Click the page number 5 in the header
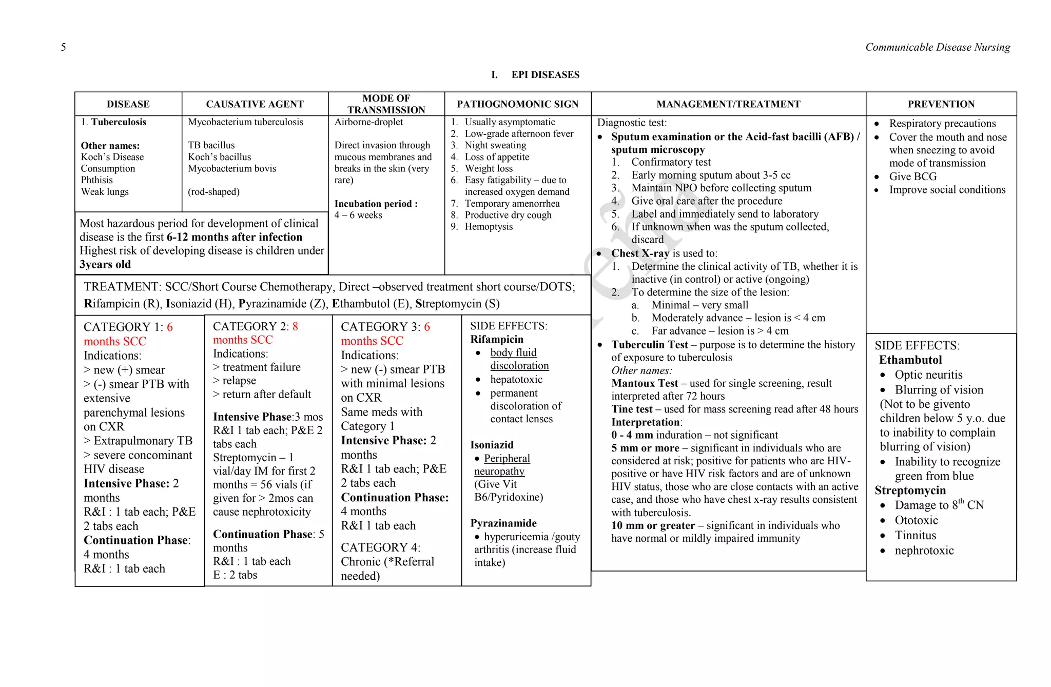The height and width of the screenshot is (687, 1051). pyautogui.click(x=63, y=47)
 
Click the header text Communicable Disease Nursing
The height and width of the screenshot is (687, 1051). pyautogui.click(x=937, y=47)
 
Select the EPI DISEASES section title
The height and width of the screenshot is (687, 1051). pyautogui.click(x=545, y=75)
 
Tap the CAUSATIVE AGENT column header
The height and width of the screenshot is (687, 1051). pyautogui.click(x=255, y=104)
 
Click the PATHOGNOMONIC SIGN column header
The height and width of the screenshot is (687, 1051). pyautogui.click(x=517, y=104)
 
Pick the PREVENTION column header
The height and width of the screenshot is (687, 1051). pyautogui.click(x=941, y=104)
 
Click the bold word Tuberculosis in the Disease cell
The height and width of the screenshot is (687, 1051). pyautogui.click(x=119, y=122)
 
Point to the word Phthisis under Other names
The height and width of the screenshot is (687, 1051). pyautogui.click(x=96, y=180)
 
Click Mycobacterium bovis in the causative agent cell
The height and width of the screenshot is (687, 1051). pyautogui.click(x=232, y=168)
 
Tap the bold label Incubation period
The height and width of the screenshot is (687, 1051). pyautogui.click(x=376, y=204)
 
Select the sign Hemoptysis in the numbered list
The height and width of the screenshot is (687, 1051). pyautogui.click(x=489, y=227)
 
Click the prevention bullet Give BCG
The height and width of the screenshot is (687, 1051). pyautogui.click(x=912, y=176)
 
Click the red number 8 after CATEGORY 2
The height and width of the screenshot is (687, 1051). pyautogui.click(x=295, y=326)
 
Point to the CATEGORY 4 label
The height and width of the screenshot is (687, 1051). pyautogui.click(x=380, y=547)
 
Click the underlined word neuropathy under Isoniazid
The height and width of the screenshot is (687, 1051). pyautogui.click(x=499, y=471)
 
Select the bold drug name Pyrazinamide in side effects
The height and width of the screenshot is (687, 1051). pyautogui.click(x=503, y=523)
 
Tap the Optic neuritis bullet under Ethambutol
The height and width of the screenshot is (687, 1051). pyautogui.click(x=928, y=375)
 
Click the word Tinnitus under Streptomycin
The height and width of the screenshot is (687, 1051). pyautogui.click(x=915, y=535)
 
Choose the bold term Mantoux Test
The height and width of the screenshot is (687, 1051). pyautogui.click(x=645, y=383)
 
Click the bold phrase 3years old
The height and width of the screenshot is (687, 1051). pyautogui.click(x=105, y=264)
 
